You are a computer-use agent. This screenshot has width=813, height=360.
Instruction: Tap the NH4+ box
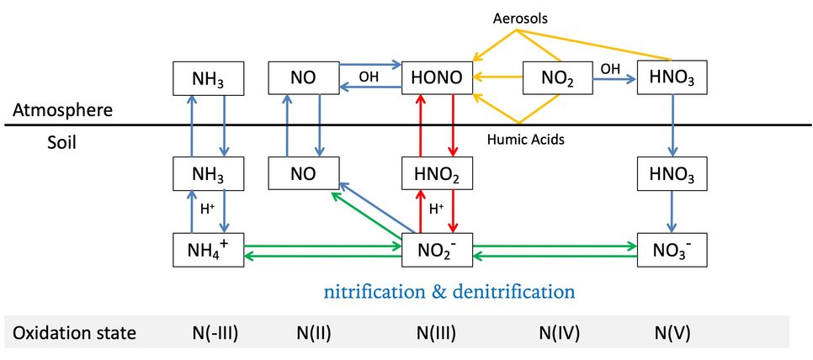point(208,250)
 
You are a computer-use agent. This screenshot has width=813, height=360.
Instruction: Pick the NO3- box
point(671,250)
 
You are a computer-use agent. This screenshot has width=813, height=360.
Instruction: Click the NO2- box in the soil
point(435,250)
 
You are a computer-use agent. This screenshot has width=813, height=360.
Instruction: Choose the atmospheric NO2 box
point(558,79)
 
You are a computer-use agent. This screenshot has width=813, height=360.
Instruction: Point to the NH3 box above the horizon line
point(208,78)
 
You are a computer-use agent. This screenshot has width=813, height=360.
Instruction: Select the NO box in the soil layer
point(304,175)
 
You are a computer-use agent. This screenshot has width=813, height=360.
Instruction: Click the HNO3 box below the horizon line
point(671,175)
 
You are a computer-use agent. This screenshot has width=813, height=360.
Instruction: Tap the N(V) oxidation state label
point(672,333)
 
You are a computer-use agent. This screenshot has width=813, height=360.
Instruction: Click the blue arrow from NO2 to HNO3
point(614,78)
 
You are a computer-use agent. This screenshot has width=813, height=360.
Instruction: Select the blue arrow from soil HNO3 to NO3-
point(671,213)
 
